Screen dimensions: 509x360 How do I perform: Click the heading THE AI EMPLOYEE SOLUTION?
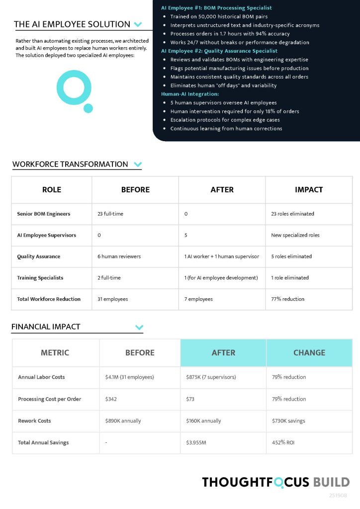[72, 24]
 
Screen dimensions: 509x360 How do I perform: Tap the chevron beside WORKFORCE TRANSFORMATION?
[138, 165]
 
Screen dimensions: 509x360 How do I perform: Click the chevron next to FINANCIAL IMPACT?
[139, 327]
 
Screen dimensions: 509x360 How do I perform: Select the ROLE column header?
[52, 189]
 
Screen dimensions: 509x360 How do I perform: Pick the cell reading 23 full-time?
[110, 214]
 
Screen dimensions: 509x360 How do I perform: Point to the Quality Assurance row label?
[39, 256]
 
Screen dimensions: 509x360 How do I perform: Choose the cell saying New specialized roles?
[295, 235]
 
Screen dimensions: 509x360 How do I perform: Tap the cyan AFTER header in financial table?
[223, 352]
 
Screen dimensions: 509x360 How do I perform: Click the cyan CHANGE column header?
[309, 352]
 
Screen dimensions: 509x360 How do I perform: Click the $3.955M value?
[197, 442]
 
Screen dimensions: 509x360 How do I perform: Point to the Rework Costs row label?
[34, 421]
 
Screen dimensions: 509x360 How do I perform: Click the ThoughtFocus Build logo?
[275, 482]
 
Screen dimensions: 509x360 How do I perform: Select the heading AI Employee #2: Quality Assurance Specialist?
[219, 51]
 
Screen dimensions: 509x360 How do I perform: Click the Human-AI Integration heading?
[190, 94]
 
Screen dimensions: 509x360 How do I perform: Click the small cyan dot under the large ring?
[88, 108]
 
